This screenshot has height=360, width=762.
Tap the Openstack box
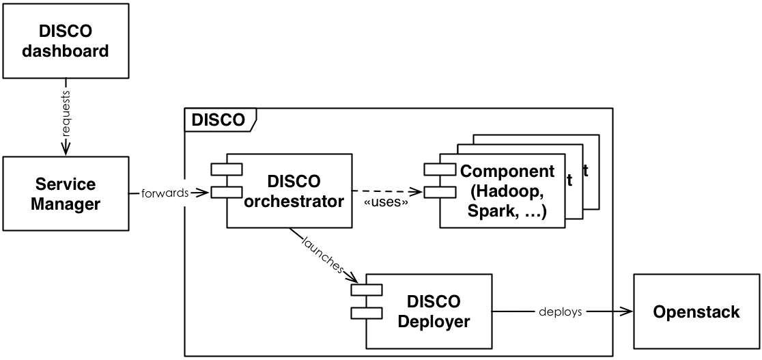pos(696,312)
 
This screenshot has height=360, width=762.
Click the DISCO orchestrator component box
pos(294,191)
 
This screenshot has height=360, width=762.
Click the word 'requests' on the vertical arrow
pos(66,116)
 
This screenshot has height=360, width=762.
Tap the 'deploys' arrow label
pos(560,312)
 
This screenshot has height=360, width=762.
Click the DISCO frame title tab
pos(218,120)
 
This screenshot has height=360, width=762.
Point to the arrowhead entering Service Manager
pos(66,151)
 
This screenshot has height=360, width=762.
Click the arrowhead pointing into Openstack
pos(627,312)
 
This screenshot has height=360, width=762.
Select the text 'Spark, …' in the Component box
pos(506,212)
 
